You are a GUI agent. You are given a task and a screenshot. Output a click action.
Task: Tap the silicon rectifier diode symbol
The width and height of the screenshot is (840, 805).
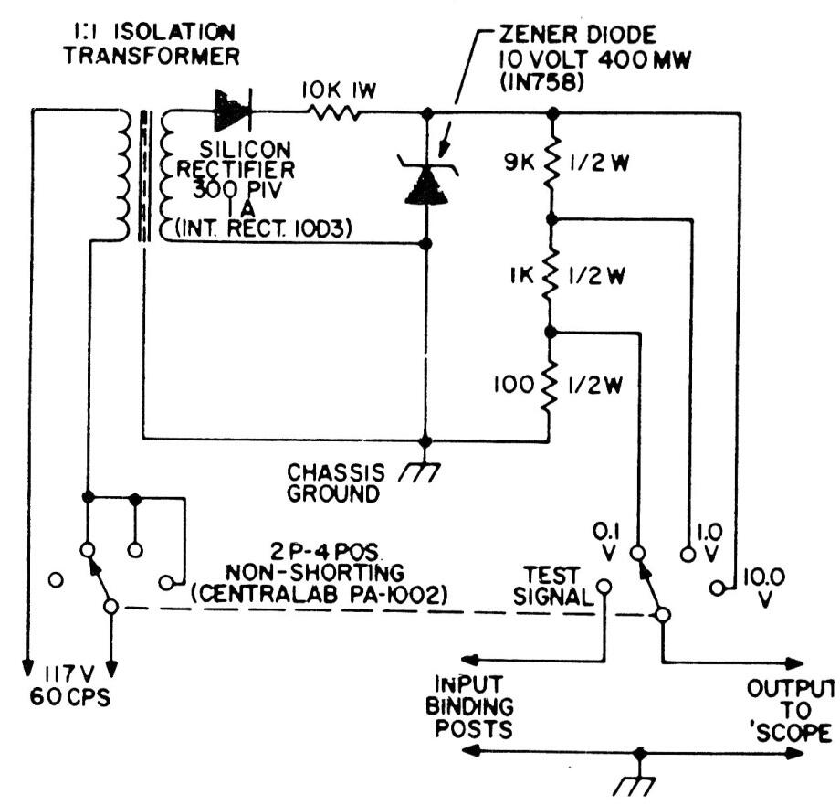pos(232,112)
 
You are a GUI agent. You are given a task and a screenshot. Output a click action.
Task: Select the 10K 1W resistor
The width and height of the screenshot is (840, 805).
pos(335,113)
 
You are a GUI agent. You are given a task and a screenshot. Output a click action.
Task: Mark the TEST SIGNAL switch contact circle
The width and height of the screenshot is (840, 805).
pos(604,587)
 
